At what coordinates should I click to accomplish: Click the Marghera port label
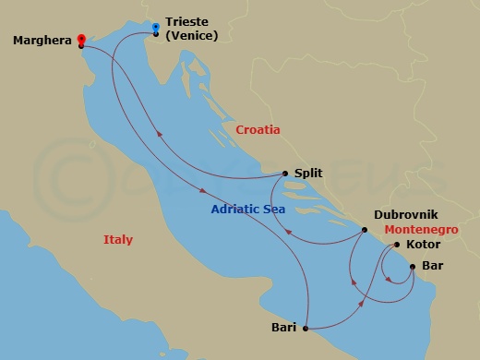pos(43,41)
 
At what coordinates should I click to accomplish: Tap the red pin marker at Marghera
pos(81,39)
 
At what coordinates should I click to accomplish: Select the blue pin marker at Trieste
pos(155,27)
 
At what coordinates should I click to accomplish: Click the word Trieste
pos(188,27)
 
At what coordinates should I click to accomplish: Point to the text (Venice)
pos(191,40)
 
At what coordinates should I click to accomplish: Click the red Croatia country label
pos(258,130)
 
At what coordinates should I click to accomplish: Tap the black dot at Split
pos(285,173)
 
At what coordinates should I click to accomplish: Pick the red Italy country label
pos(117,240)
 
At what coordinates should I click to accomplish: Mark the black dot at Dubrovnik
pos(364,232)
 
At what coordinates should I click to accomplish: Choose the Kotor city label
pos(422,246)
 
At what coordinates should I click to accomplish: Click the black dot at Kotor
pos(397,246)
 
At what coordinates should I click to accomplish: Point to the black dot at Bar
pos(412,267)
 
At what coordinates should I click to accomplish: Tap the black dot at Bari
pos(304,328)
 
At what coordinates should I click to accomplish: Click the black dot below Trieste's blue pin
pos(155,34)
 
